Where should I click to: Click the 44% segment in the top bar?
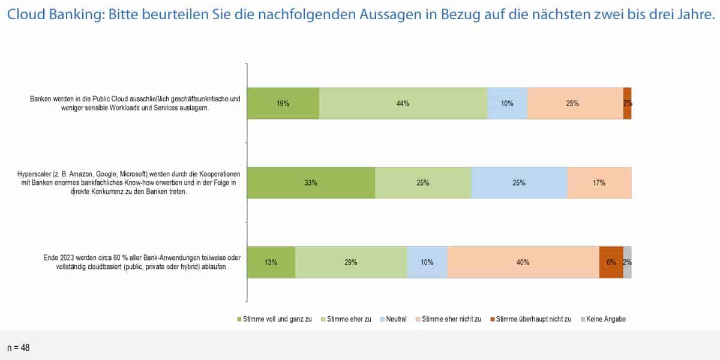tap(403, 103)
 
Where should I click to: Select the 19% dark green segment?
tap(283, 103)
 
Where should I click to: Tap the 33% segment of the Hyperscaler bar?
tap(311, 182)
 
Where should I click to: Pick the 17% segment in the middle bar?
tap(599, 182)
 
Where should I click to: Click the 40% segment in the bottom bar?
tap(523, 262)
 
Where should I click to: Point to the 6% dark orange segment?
tap(611, 262)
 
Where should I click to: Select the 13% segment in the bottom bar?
tap(271, 262)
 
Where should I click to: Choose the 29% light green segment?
tap(351, 262)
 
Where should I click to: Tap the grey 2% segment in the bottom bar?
tap(627, 262)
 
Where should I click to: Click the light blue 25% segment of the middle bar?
tap(519, 182)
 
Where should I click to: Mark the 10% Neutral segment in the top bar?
tap(507, 103)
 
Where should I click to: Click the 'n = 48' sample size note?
tap(18, 347)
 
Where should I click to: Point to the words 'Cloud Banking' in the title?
tap(49, 16)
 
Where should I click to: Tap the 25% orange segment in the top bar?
tap(574, 103)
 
